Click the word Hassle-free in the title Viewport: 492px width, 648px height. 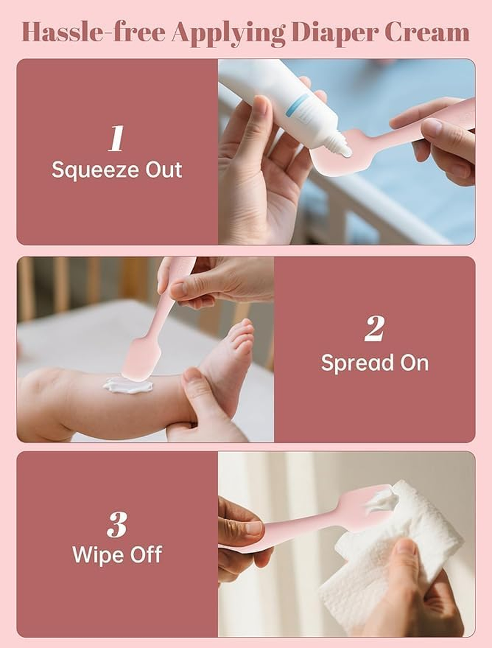coord(93,32)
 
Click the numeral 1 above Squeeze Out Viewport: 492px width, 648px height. coord(116,140)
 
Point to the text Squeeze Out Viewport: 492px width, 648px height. coord(117,169)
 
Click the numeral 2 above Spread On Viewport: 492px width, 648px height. coord(374,331)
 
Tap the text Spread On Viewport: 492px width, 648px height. coord(374,362)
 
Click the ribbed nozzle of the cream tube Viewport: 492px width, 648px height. coord(338,147)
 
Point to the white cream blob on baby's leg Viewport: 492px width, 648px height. coord(127,386)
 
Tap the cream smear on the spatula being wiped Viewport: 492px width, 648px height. coord(379,500)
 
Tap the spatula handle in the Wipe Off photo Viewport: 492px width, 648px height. coord(289,535)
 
